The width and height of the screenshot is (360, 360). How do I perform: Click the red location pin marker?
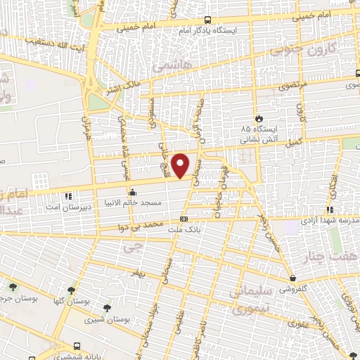tap(181, 165)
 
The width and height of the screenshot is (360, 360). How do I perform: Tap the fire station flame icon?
tap(259, 118)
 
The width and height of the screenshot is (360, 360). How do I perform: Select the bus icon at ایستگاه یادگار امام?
tap(207, 20)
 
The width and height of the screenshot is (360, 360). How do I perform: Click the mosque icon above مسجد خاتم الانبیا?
tap(132, 192)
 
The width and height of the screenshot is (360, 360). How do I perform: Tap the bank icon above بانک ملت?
tap(184, 219)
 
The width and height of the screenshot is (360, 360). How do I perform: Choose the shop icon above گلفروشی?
tap(292, 278)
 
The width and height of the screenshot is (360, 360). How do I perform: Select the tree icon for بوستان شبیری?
tap(106, 308)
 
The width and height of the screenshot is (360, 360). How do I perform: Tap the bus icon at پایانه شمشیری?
tap(77, 347)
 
